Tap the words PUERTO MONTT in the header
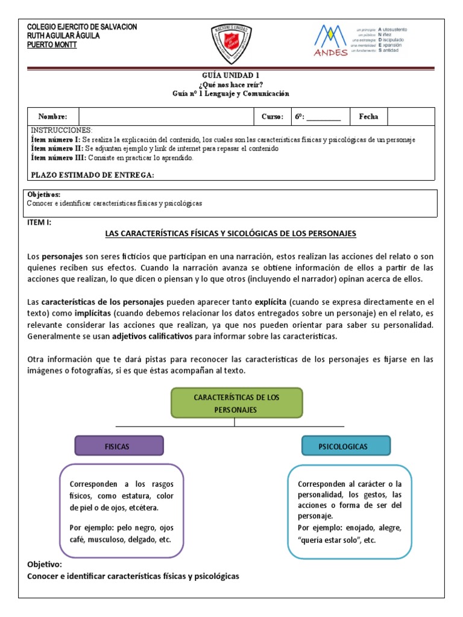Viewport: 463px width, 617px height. point(52,45)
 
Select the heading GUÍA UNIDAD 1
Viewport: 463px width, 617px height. point(231,75)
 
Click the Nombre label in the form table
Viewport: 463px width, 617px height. point(53,117)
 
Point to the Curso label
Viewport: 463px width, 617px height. point(272,117)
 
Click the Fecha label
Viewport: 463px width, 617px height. point(368,117)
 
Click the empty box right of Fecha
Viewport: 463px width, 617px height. point(410,117)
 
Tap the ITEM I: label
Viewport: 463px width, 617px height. point(40,222)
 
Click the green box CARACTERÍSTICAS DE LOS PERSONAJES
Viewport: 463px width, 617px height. point(237,403)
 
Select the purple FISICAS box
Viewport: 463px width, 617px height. point(119,446)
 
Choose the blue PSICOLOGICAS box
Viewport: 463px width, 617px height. point(346,446)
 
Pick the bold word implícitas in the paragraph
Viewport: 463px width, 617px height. point(92,313)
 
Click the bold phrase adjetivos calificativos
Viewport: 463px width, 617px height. point(151,336)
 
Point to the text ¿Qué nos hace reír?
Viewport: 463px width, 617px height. point(231,84)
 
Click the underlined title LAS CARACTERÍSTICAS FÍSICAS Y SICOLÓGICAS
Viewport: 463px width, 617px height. point(231,233)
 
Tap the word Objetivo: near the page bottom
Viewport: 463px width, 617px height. point(45,565)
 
